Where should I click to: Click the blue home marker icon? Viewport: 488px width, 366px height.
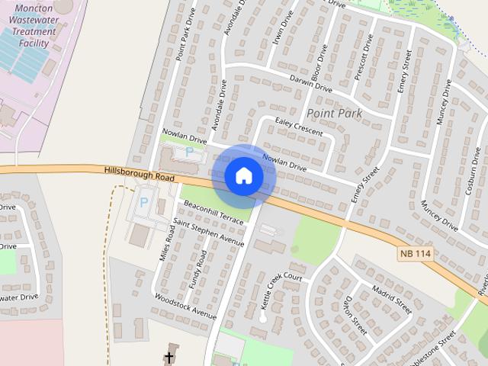244,175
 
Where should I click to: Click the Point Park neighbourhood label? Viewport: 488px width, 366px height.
335,114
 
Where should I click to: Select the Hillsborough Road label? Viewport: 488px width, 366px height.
140,174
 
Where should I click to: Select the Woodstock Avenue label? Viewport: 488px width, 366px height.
186,306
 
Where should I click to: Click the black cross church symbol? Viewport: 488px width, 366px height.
169,357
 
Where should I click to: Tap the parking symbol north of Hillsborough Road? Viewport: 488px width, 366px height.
190,152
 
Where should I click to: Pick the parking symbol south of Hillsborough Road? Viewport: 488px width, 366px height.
143,204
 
